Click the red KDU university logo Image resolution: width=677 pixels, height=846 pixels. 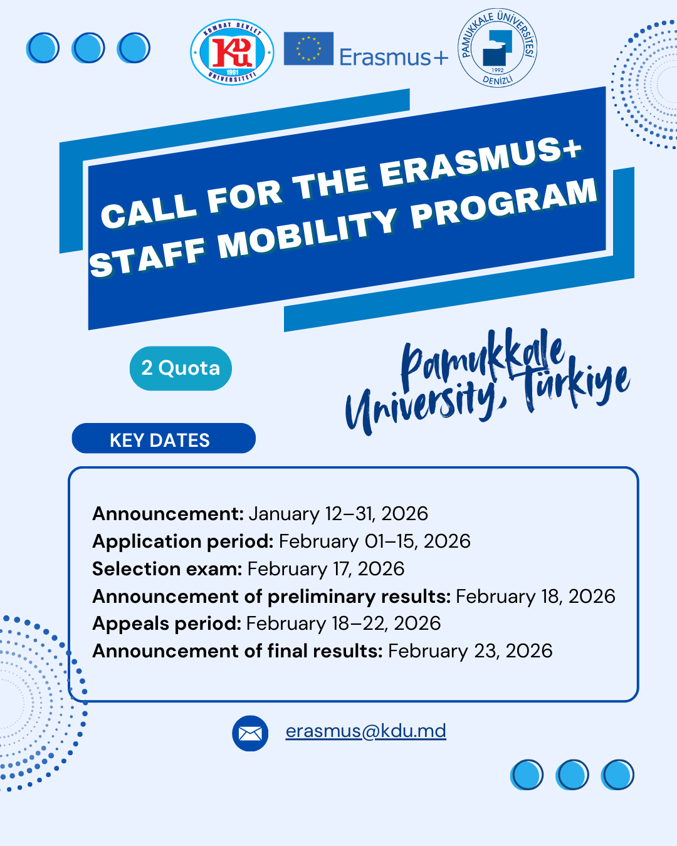click(x=232, y=52)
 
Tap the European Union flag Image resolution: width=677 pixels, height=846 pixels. click(x=308, y=49)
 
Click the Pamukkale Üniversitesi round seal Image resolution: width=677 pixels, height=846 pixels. click(x=497, y=48)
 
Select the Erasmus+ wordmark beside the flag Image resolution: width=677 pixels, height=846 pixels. click(x=394, y=58)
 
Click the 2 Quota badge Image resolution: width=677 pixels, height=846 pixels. click(x=181, y=368)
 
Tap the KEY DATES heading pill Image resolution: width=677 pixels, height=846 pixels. click(x=164, y=438)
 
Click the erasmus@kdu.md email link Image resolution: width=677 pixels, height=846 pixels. click(x=366, y=731)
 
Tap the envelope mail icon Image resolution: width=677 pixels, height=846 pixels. click(x=250, y=733)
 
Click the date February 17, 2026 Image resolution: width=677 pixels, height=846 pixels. click(x=326, y=569)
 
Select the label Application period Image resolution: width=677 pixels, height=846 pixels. click(x=183, y=541)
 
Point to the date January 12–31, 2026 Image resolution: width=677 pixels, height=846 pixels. click(x=338, y=514)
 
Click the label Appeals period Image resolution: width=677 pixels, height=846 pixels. click(x=167, y=624)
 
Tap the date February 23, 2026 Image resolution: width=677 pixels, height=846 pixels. click(x=470, y=651)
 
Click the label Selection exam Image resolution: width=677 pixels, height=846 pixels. click(x=167, y=569)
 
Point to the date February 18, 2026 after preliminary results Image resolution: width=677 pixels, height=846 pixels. click(x=535, y=597)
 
